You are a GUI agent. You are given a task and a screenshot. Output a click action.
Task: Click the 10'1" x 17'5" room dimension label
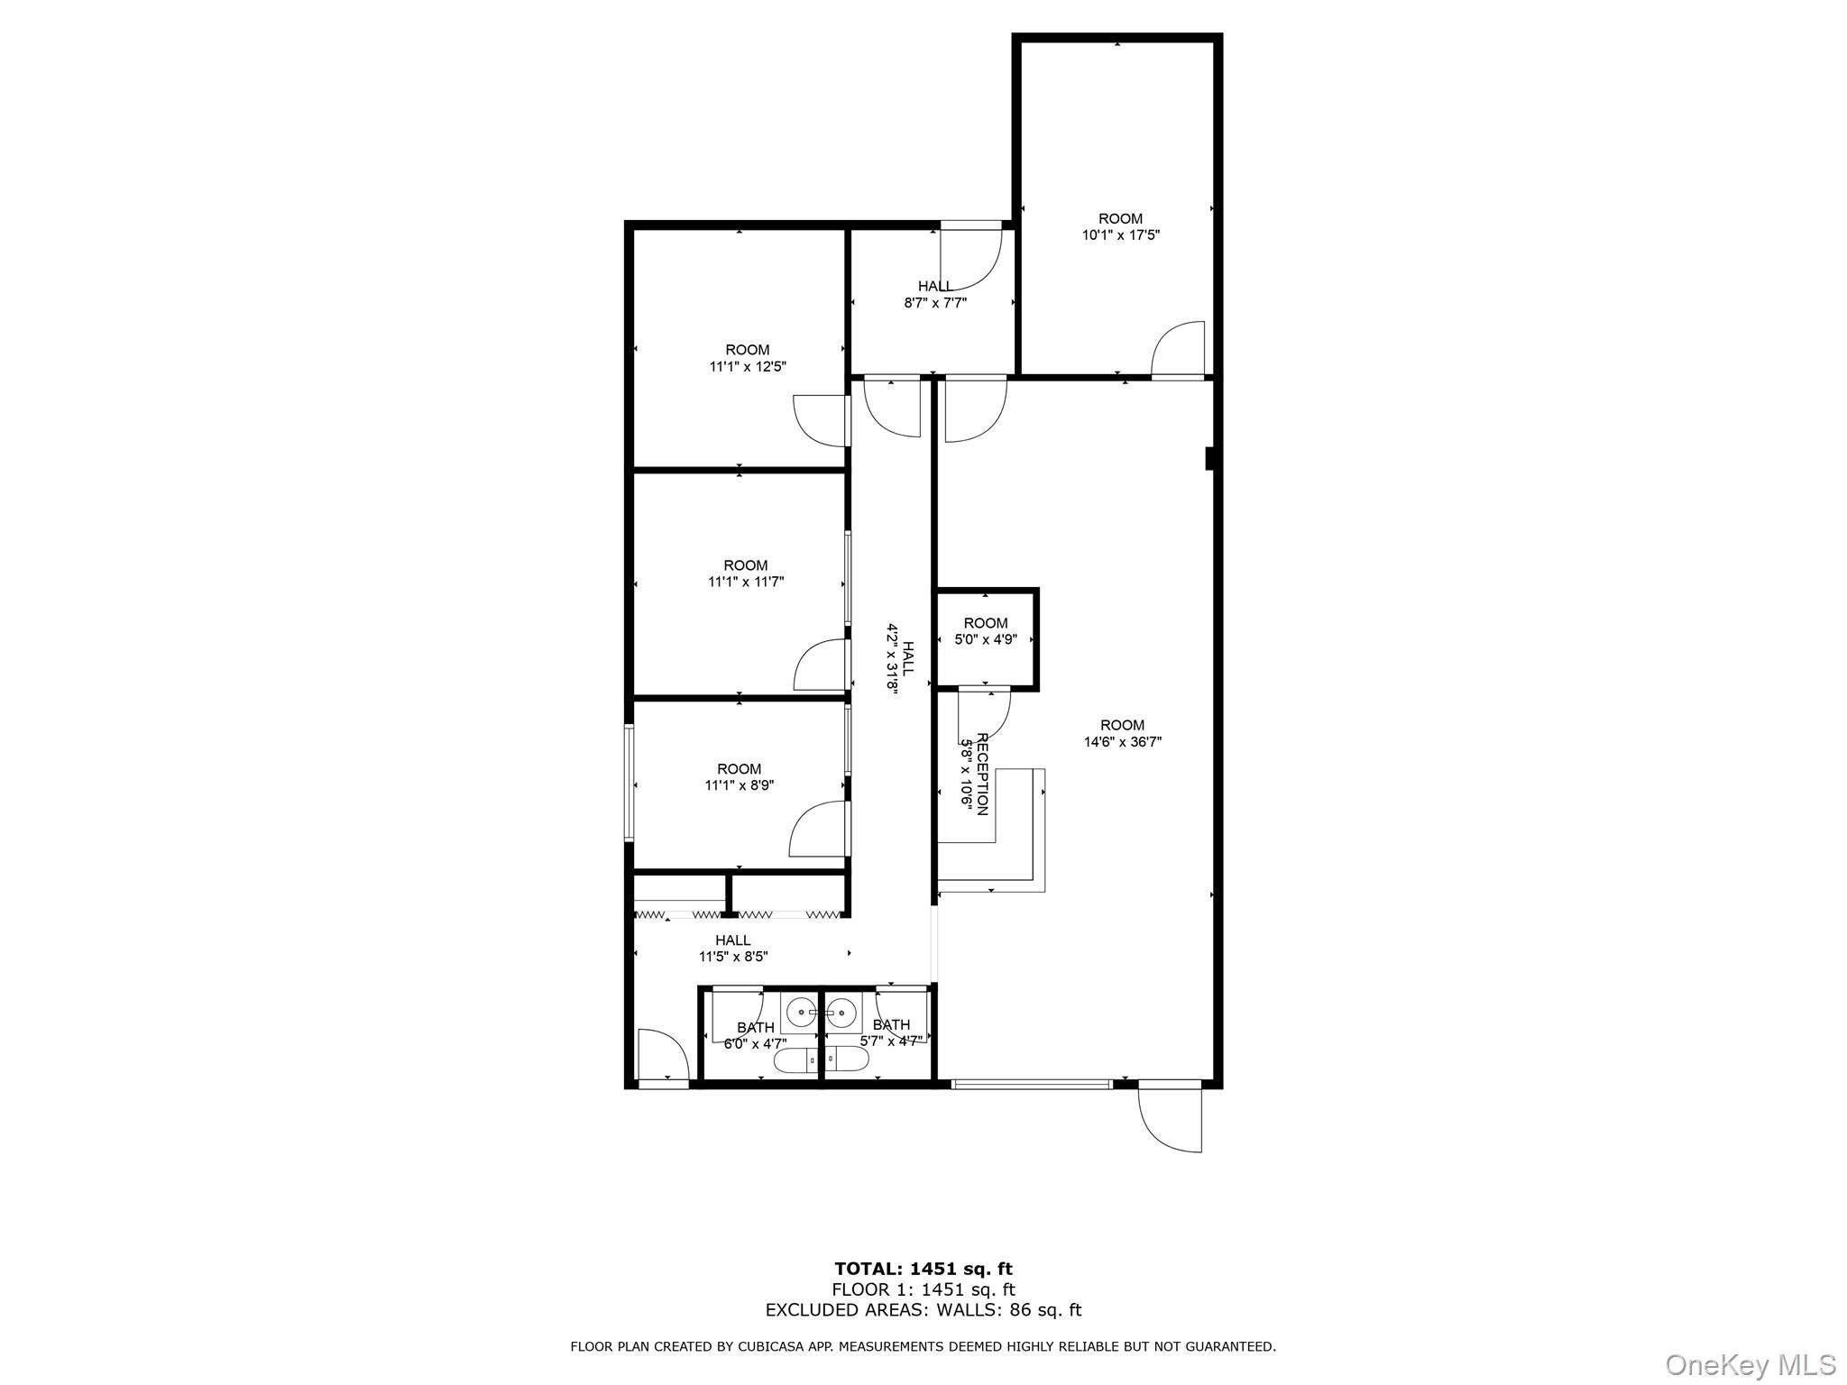1120,235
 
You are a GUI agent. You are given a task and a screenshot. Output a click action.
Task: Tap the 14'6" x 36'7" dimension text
1122,742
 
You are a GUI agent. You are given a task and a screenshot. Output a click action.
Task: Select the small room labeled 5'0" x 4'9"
986,631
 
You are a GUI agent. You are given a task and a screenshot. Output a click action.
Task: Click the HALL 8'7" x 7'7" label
935,295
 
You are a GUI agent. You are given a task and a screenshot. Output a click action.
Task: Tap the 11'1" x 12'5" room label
748,359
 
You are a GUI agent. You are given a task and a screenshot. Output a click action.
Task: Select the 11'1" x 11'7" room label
746,573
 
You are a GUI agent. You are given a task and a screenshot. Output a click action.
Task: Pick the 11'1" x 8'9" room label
740,777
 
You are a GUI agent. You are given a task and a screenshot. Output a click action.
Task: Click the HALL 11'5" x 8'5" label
733,949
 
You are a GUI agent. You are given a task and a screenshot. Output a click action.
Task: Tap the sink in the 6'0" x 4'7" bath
801,1014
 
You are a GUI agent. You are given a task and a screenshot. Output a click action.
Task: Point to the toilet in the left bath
795,1061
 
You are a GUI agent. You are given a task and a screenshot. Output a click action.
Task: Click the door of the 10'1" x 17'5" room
1179,350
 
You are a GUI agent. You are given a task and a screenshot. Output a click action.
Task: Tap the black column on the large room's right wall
1212,459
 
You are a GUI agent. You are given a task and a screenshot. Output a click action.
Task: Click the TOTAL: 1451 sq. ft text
923,1270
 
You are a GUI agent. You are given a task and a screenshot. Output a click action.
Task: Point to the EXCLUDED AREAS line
923,1310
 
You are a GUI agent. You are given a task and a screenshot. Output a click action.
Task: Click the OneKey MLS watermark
1750,1364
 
